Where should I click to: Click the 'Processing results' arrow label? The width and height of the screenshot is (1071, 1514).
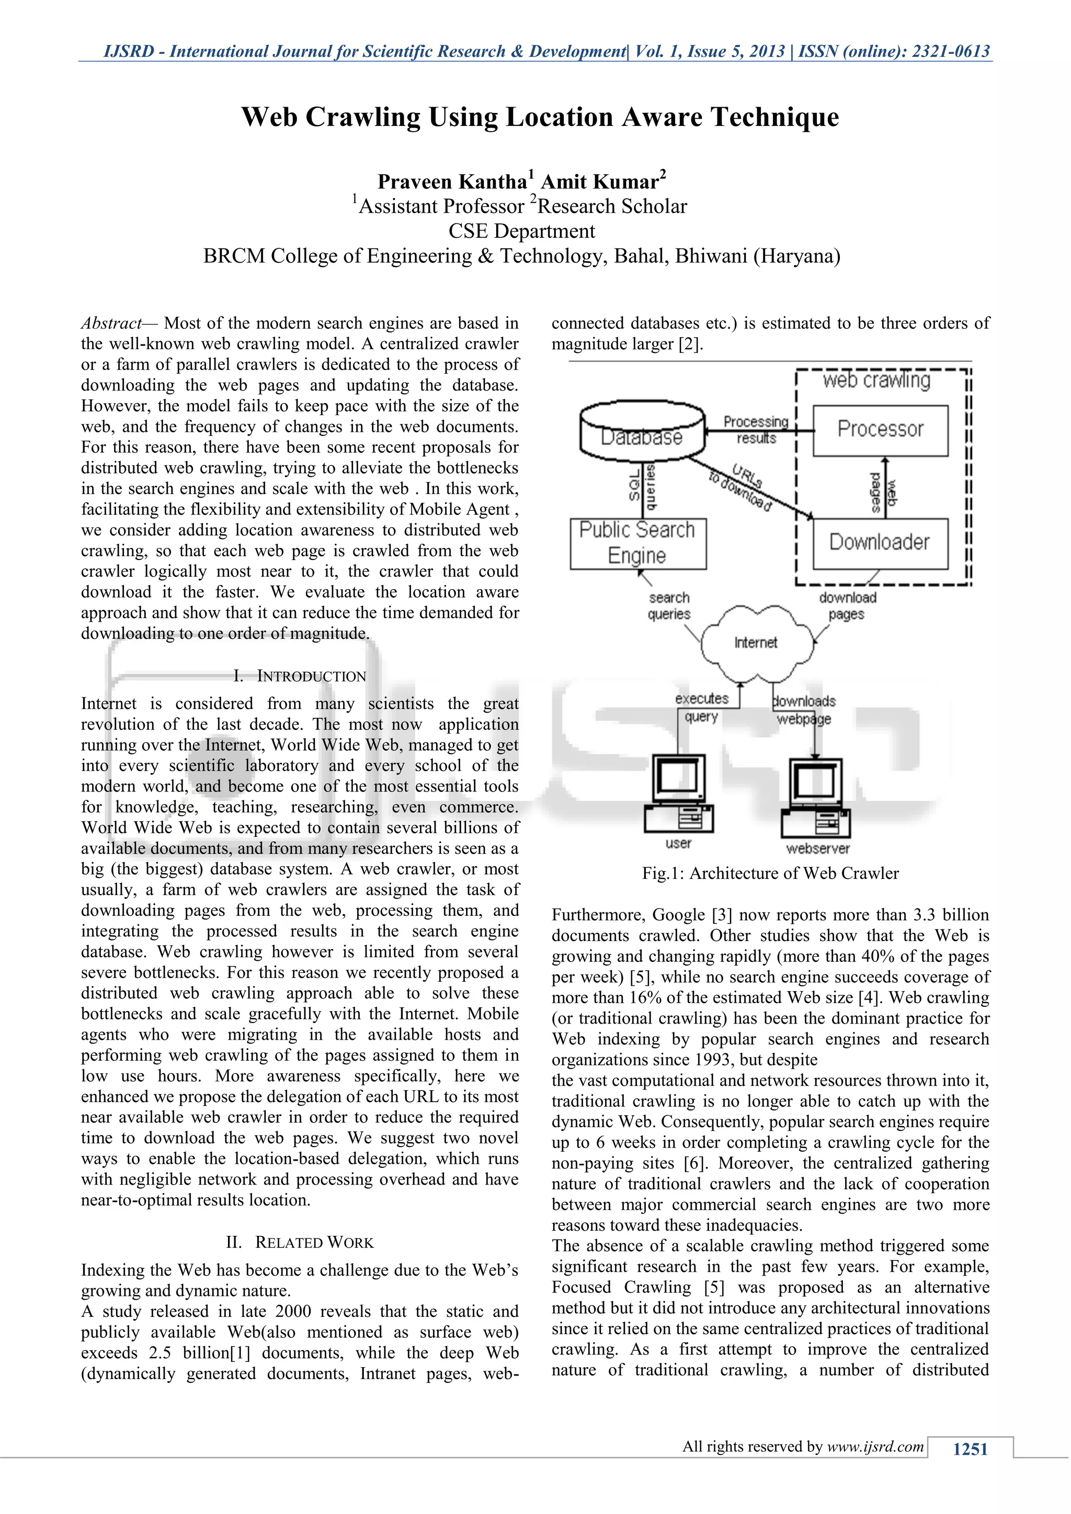756,429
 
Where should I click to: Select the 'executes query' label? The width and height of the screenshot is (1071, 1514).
702,707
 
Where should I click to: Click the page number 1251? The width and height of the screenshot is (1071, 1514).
970,1449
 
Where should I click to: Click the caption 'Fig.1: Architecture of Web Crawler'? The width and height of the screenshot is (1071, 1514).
770,873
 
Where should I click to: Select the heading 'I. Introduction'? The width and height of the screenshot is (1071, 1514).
300,676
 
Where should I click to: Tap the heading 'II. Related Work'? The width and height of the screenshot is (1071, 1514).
300,1242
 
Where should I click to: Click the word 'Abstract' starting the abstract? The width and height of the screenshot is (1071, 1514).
111,323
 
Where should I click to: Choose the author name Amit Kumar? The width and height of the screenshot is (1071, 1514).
600,181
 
